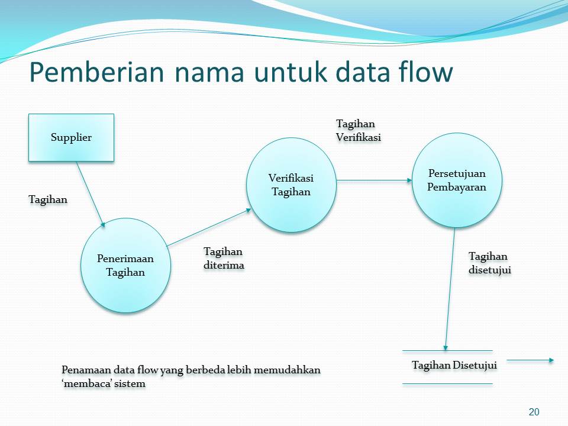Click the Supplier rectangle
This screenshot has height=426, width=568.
[x=72, y=138]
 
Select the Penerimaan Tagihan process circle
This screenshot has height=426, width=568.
[x=125, y=266]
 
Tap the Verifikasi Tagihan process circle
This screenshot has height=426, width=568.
[x=292, y=185]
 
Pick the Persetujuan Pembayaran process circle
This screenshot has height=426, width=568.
[x=457, y=180]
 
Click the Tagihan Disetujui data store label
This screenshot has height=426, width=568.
[x=454, y=365]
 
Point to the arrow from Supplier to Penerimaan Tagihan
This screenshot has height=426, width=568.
[x=91, y=195]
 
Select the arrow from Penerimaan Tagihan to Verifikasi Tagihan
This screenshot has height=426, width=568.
[x=209, y=227]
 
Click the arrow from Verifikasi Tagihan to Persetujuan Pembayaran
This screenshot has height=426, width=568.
[x=374, y=180]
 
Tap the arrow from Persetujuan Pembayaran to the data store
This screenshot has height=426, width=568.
[x=450, y=289]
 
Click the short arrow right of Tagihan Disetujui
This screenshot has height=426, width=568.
[x=530, y=360]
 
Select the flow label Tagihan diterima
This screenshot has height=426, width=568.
[x=224, y=259]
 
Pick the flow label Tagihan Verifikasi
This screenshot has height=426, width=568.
[x=359, y=130]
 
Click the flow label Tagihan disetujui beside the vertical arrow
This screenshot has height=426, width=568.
[x=490, y=263]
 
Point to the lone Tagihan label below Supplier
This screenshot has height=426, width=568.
[x=48, y=200]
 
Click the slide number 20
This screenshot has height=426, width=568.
[x=534, y=412]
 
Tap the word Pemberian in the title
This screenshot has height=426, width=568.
[x=96, y=72]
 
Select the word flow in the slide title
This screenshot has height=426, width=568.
[x=425, y=72]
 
